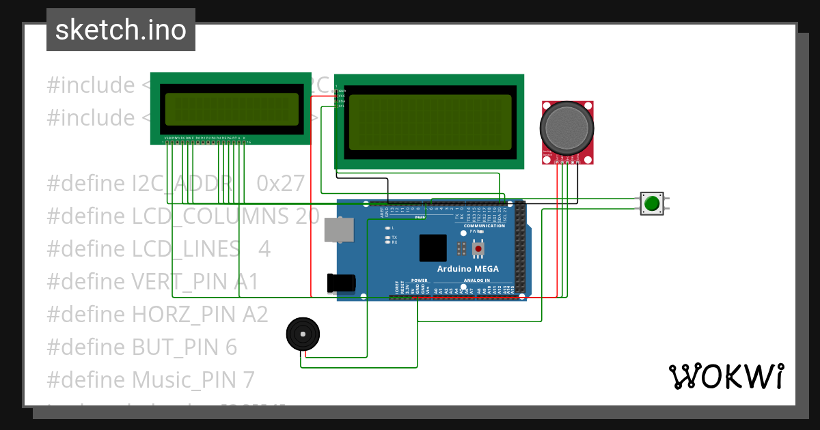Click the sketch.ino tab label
[x=121, y=30]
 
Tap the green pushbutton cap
[x=652, y=203]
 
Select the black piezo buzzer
[x=303, y=334]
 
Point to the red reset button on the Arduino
[x=478, y=249]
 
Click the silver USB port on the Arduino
[x=340, y=230]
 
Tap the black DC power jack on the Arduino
[x=342, y=283]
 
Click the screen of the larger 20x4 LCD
[x=430, y=122]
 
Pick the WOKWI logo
[x=726, y=377]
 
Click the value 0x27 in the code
[x=280, y=184]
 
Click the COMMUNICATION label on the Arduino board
[x=484, y=226]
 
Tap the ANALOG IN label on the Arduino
[x=476, y=281]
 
